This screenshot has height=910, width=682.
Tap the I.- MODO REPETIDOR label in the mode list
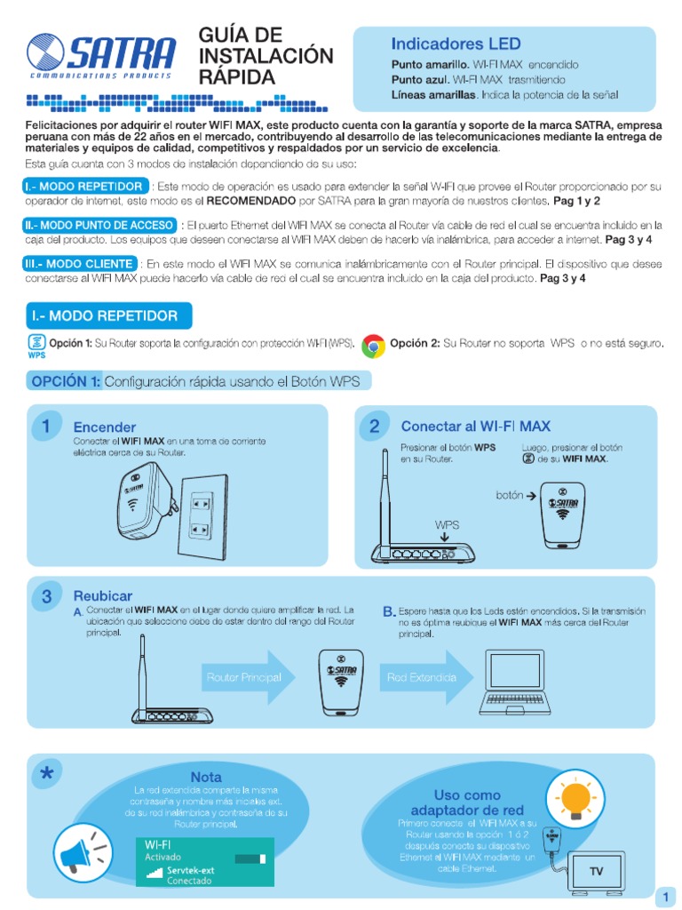[x=85, y=187]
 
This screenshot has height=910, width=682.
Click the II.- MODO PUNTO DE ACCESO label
[x=99, y=225]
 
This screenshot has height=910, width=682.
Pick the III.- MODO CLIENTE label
[x=80, y=264]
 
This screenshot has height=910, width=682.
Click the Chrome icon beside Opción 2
[x=373, y=345]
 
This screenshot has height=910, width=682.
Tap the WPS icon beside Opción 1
[x=36, y=344]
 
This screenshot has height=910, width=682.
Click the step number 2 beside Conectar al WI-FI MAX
[x=374, y=427]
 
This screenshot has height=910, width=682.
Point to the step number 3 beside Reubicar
[x=45, y=595]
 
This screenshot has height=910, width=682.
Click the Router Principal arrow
[x=248, y=678]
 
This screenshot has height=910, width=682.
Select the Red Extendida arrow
[x=424, y=678]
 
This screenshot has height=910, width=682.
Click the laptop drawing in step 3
[x=521, y=685]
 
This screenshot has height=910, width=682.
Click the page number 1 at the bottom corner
[x=664, y=897]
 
